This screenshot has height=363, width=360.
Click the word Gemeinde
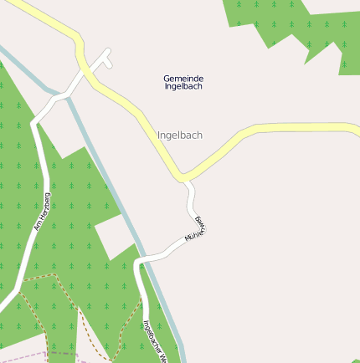[183, 79]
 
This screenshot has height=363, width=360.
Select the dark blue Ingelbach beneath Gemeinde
[183, 86]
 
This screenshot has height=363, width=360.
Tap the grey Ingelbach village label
[180, 135]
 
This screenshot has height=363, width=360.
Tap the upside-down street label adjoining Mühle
[200, 222]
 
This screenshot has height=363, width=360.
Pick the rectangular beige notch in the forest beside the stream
[113, 234]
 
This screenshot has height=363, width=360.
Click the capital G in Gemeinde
[167, 79]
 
